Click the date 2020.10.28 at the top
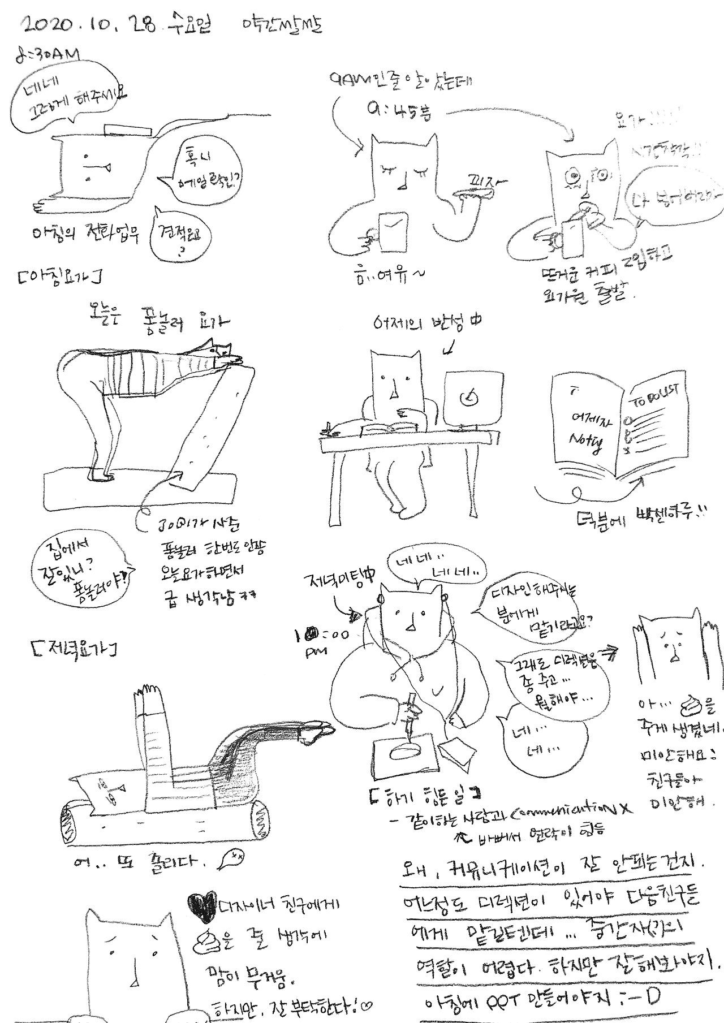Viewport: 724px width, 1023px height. pos(88,25)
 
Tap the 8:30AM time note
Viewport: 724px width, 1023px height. pos(48,55)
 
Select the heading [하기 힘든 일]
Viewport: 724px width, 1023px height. pos(424,795)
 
